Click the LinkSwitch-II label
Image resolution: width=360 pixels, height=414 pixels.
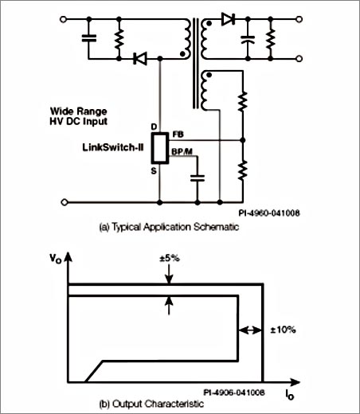click(113, 147)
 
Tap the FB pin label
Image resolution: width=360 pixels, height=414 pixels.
click(178, 135)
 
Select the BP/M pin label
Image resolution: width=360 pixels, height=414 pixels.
click(182, 151)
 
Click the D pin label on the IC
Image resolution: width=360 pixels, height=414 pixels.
click(154, 127)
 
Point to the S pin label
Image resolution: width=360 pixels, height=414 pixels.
click(154, 171)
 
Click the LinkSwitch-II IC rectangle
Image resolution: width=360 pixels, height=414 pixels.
click(160, 148)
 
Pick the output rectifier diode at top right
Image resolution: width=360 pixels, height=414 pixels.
click(228, 19)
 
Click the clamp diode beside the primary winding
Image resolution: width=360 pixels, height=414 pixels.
click(140, 58)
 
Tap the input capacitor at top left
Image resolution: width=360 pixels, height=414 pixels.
click(89, 38)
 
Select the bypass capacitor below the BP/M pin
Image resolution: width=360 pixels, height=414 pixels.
click(198, 178)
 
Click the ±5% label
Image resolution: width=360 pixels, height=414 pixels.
click(170, 258)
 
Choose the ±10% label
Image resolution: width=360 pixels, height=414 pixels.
click(283, 330)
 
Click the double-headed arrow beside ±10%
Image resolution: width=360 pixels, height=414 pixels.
click(250, 330)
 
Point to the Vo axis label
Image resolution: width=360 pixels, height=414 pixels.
click(56, 259)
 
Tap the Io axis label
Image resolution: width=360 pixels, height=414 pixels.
click(290, 394)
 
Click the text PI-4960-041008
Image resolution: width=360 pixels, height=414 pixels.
click(269, 213)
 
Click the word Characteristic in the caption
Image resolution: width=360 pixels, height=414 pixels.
click(174, 404)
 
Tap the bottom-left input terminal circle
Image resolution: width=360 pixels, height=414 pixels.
click(65, 202)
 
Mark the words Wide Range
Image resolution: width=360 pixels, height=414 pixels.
click(79, 111)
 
